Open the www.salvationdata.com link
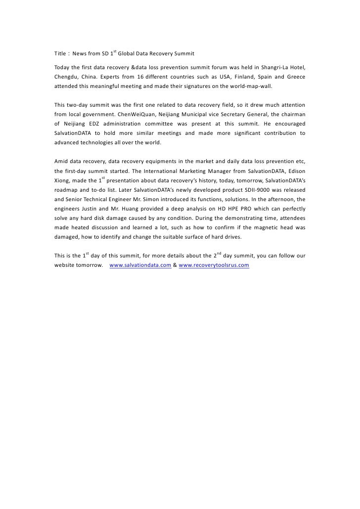(140, 265)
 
